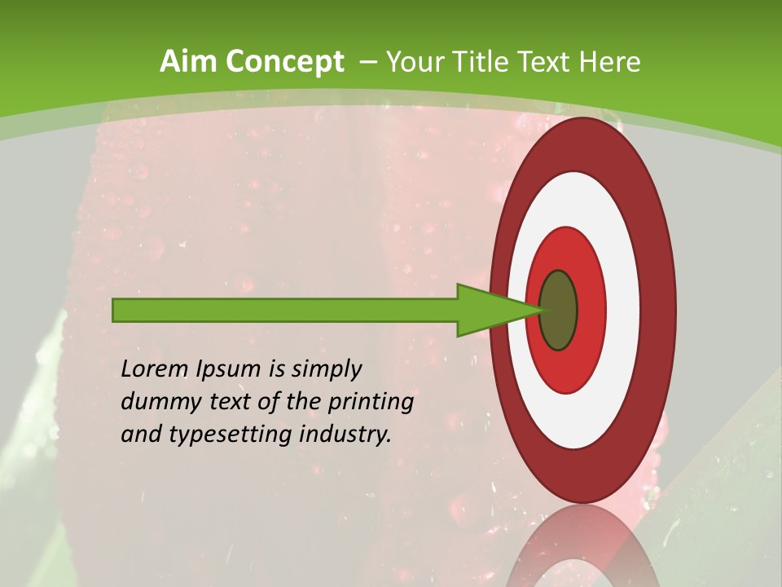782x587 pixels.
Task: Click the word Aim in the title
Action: click(190, 61)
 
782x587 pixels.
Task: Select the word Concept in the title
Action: click(285, 63)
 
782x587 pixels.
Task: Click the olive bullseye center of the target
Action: click(559, 311)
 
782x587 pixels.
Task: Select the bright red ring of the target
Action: click(591, 310)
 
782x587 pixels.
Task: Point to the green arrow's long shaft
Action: click(285, 310)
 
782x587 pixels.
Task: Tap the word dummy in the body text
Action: click(153, 402)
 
